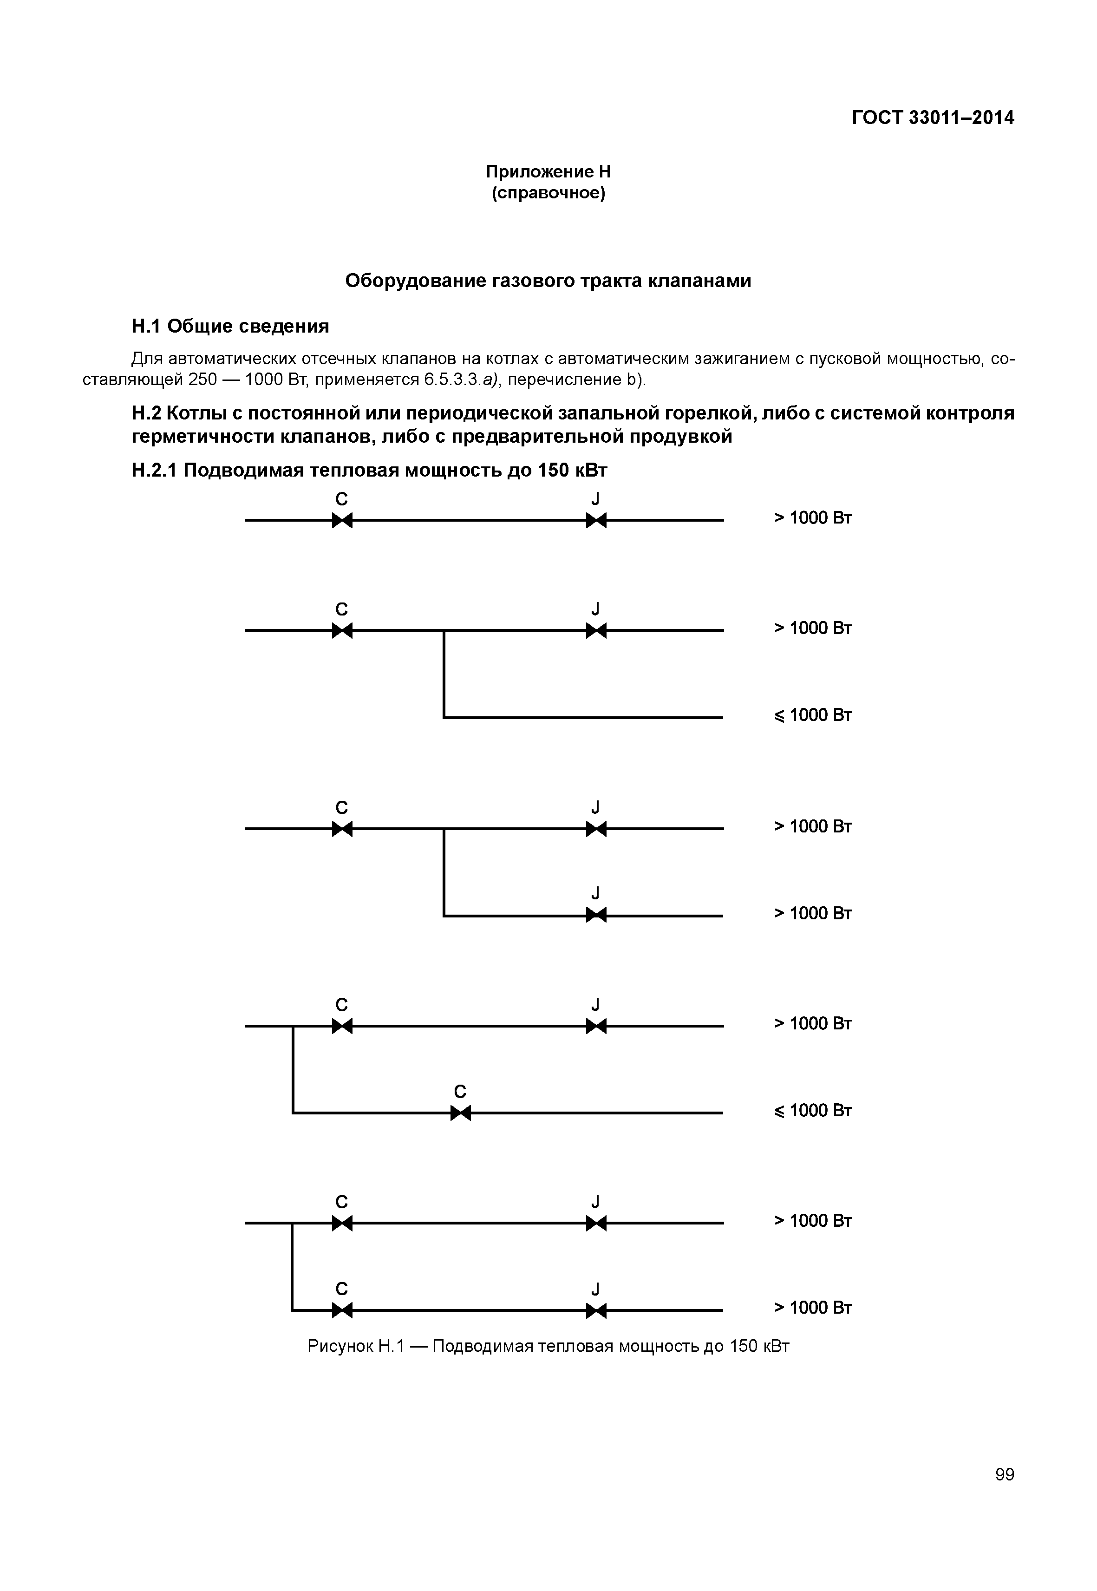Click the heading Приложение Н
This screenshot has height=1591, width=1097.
(548, 171)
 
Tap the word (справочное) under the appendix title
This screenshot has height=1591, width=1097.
(548, 193)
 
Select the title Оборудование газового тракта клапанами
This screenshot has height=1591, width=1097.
(548, 281)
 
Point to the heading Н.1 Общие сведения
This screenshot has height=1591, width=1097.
(230, 326)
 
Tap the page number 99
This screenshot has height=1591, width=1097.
(1004, 1474)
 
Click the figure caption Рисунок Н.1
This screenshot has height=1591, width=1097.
(548, 1346)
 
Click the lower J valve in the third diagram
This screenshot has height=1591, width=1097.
(596, 915)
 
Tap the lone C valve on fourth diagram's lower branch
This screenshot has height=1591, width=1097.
(460, 1113)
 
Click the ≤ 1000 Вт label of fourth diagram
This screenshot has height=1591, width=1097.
(812, 1111)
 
